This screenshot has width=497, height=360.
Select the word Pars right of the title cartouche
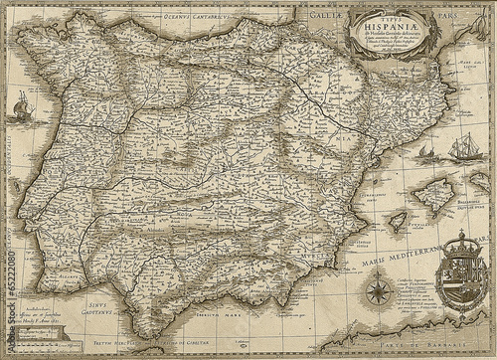pyautogui.click(x=459, y=15)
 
